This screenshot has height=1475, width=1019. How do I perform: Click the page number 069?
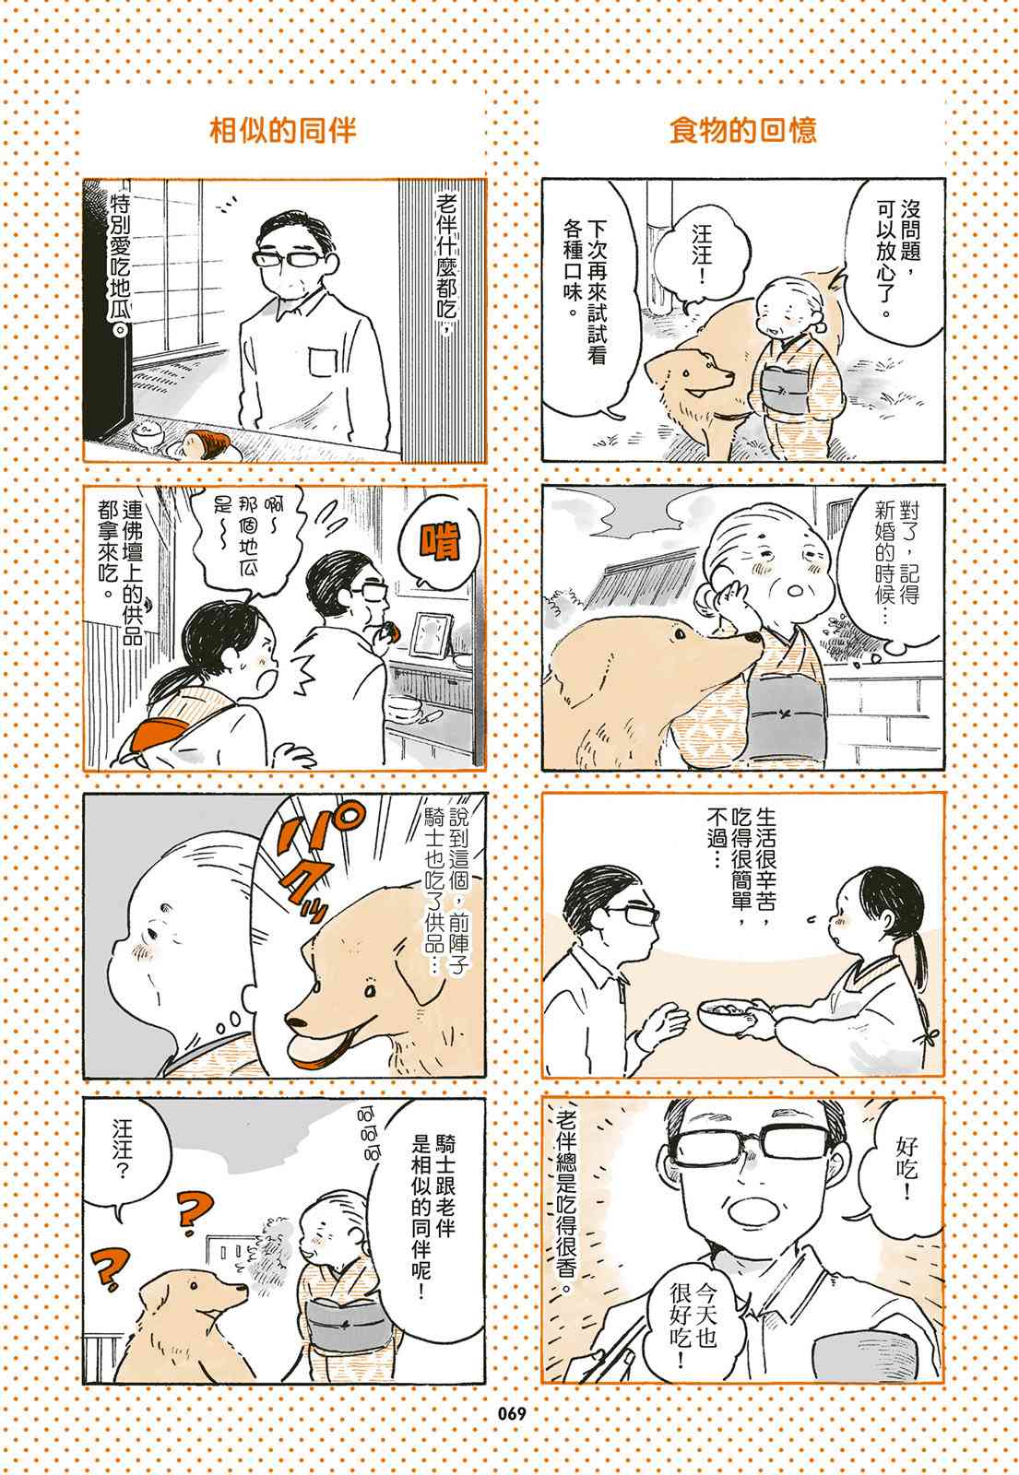[x=512, y=1414]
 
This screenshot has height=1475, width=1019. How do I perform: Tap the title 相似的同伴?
[x=282, y=130]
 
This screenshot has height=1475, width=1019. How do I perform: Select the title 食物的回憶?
[x=742, y=130]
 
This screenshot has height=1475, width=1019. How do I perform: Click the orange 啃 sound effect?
[x=441, y=542]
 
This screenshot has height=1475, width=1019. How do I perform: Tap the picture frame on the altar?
[x=432, y=635]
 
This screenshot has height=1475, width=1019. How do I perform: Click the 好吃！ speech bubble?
[x=902, y=1166]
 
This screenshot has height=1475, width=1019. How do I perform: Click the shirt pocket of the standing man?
[x=323, y=364]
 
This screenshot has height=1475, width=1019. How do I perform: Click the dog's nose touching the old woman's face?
[x=752, y=638]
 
